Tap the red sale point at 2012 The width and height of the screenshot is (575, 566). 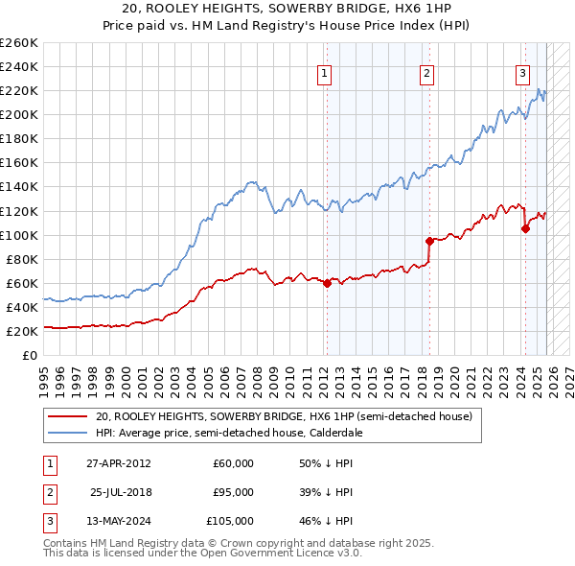point(327,283)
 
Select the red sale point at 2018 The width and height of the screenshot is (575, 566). point(429,241)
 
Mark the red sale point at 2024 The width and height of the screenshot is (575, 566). point(525,228)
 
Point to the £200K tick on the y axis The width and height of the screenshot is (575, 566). point(19,114)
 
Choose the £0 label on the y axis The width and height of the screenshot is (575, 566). point(30,355)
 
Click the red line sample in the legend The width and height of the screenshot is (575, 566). point(67,417)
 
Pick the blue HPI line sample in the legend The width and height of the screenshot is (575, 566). point(67,433)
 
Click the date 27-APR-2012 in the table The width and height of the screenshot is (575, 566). point(120,463)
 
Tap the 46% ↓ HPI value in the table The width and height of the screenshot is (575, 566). point(327,521)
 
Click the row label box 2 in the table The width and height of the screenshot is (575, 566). point(47,492)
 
